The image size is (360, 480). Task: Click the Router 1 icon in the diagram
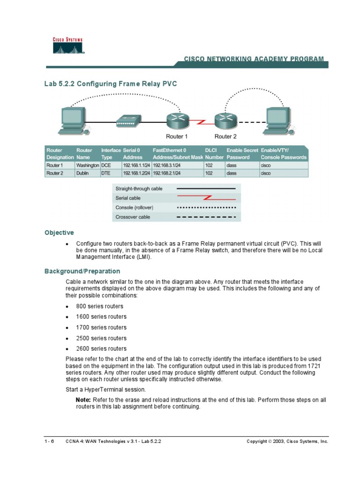pos(177,121)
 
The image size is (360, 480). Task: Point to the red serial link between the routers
pos(202,122)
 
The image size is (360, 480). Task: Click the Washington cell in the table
pos(88,165)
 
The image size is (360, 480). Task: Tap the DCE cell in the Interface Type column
pos(106,165)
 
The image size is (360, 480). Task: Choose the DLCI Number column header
pos(214,154)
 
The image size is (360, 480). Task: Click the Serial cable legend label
pos(128,198)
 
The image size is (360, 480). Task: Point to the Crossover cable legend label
pos(133,217)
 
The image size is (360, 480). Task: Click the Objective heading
pos(59,233)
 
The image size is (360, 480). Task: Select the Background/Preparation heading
pos(82,271)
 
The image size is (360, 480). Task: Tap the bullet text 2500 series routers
pos(101,338)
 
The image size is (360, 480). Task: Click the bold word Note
pos(83,400)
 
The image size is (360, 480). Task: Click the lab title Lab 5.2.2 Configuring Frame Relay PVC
pos(111,84)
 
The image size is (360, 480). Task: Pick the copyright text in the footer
pos(287,442)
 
